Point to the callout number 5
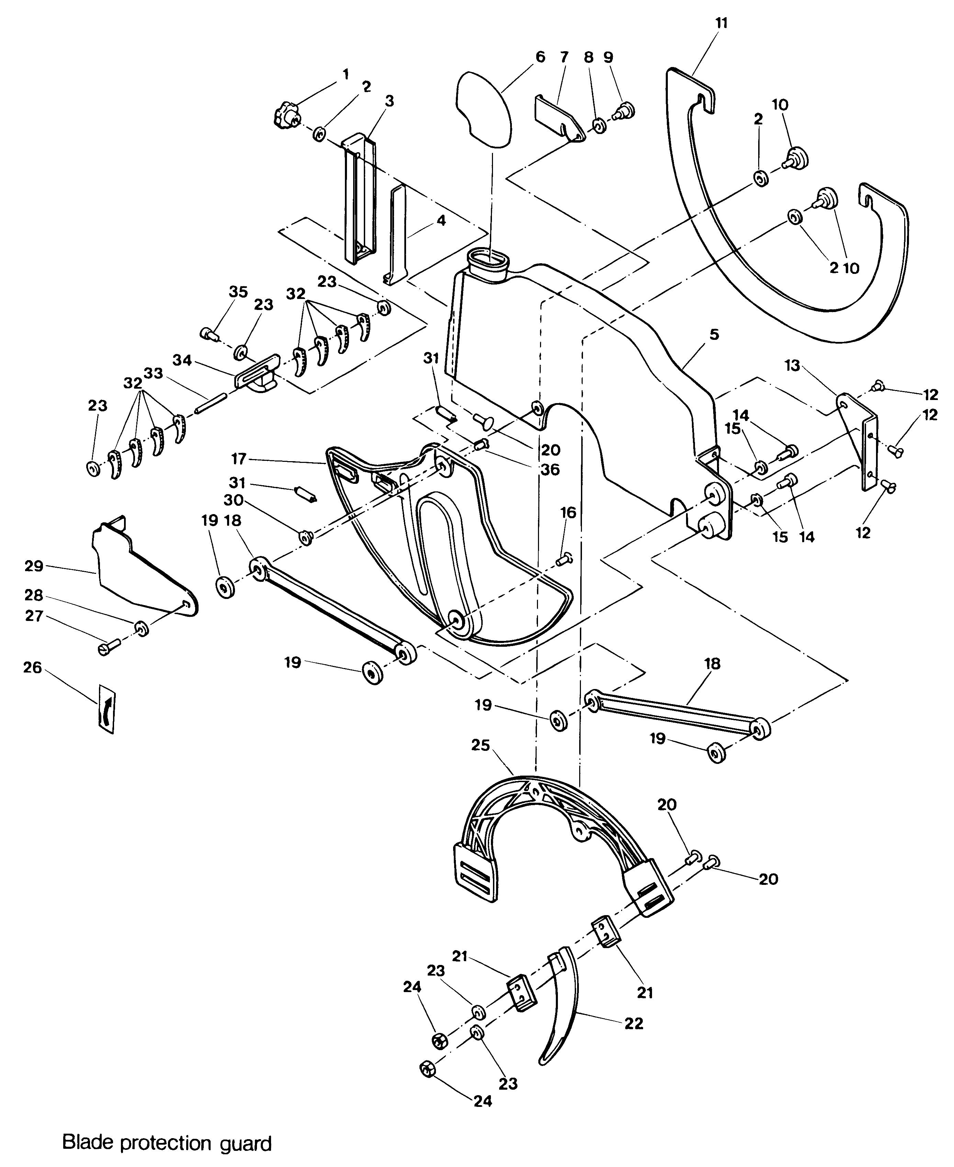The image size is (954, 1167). point(714,334)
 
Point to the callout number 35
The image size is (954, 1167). point(238,292)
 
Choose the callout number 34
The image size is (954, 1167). point(182,360)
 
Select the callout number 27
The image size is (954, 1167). point(34,616)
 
